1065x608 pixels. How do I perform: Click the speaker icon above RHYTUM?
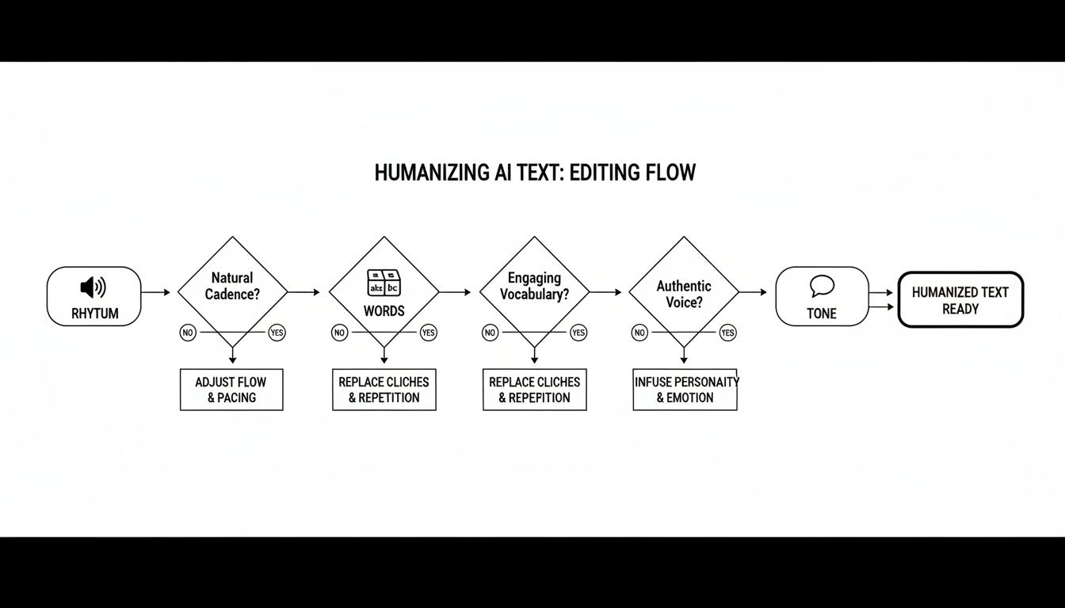point(94,287)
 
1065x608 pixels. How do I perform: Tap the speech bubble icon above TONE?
point(822,286)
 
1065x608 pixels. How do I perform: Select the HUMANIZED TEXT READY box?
point(960,300)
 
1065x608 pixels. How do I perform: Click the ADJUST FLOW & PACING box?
point(231,389)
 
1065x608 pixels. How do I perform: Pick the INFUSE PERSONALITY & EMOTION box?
point(685,389)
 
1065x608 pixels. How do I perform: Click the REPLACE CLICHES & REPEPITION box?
point(534,389)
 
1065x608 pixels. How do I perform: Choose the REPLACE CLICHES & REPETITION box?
point(384,389)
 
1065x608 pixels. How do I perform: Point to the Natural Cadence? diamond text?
point(232,286)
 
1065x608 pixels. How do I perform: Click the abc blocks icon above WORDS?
point(384,283)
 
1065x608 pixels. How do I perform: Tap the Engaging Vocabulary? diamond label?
point(534,286)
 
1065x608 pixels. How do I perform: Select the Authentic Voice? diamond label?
point(684,294)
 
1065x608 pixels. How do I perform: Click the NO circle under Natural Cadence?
point(188,333)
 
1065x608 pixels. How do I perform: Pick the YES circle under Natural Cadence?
point(277,333)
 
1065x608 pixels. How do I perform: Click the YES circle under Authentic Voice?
point(727,333)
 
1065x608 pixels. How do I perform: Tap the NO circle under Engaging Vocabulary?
point(490,333)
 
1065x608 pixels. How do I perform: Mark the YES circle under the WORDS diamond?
point(428,333)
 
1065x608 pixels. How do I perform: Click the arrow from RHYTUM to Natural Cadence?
point(156,293)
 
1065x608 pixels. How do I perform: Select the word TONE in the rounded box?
point(822,313)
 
